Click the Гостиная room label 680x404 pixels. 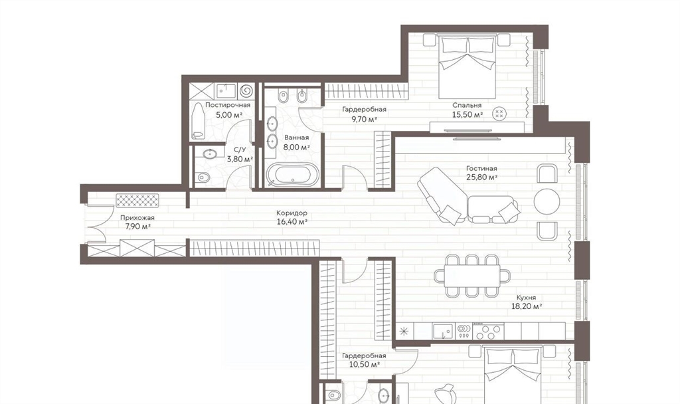tap(481, 168)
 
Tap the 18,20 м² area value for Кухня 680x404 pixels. tap(527, 306)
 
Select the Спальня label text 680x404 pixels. tap(467, 106)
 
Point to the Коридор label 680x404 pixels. tap(292, 213)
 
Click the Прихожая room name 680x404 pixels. tap(137, 218)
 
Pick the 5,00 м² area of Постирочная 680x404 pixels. tap(228, 115)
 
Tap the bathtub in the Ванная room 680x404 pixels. tap(292, 175)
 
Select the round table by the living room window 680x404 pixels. tap(547, 201)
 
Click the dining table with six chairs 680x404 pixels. tap(472, 276)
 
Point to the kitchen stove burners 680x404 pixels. tap(489, 332)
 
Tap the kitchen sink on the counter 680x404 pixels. tap(443, 332)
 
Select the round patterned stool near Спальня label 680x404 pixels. tap(499, 114)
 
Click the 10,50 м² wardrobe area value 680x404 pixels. tap(365, 365)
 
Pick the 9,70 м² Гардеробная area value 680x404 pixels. tap(364, 119)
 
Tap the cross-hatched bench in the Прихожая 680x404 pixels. tap(137, 201)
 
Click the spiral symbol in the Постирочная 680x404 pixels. tap(246, 90)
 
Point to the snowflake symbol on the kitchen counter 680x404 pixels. tap(404, 332)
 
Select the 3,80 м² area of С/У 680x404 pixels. tap(240, 159)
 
